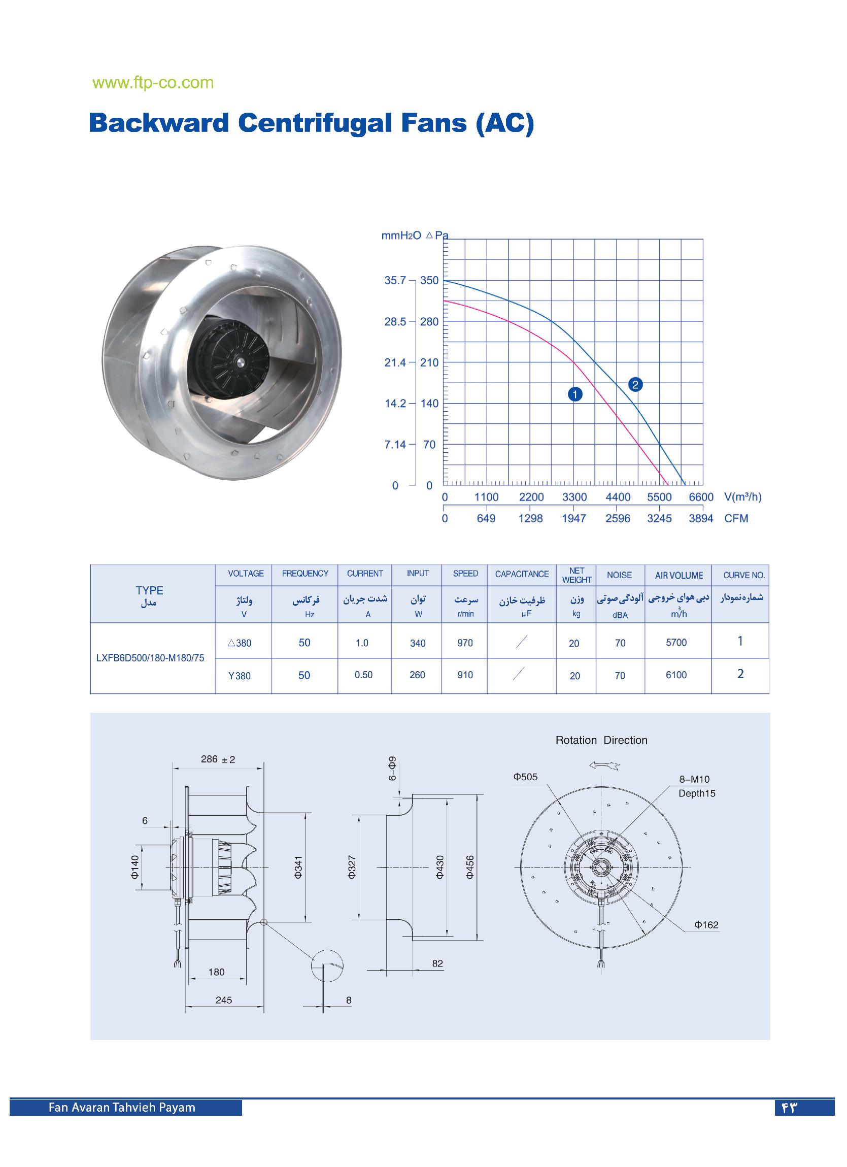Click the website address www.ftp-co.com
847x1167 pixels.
coord(153,83)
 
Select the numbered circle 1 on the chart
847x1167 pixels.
coord(575,394)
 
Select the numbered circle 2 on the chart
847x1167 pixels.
coord(635,384)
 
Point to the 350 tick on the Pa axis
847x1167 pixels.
coord(429,280)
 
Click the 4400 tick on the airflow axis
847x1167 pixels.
coord(618,497)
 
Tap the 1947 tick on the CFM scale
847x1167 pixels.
coord(574,519)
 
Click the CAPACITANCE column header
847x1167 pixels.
coord(521,574)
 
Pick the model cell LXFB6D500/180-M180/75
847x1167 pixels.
coord(150,658)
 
